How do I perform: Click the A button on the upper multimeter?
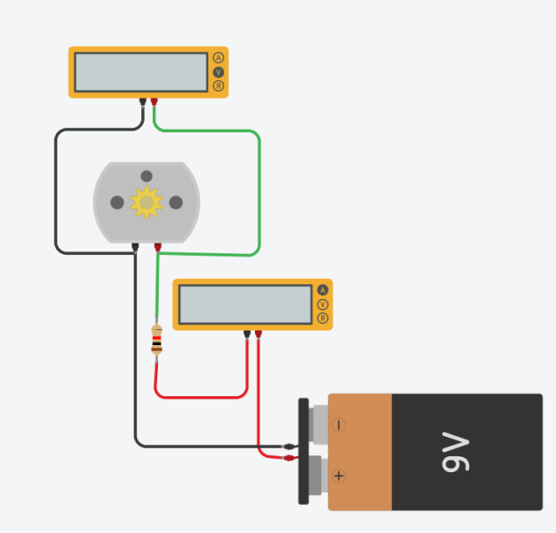[219, 58]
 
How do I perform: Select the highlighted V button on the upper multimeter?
[219, 72]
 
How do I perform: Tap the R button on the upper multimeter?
[219, 86]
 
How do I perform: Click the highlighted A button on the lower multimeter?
[323, 290]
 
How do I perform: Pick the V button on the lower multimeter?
[323, 304]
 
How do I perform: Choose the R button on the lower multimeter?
[323, 318]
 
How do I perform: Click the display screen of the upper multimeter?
[141, 72]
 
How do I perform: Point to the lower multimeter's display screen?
[245, 304]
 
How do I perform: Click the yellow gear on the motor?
[147, 202]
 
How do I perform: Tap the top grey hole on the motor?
[147, 176]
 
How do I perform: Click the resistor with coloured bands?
[157, 341]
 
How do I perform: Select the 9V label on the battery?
[455, 452]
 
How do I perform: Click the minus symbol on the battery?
[339, 424]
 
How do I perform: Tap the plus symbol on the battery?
[339, 476]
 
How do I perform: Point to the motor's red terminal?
[158, 247]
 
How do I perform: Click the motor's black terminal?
[135, 247]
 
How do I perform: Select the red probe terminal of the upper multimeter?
[154, 101]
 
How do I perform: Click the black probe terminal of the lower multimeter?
[247, 334]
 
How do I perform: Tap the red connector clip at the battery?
[290, 458]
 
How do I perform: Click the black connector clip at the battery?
[290, 447]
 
